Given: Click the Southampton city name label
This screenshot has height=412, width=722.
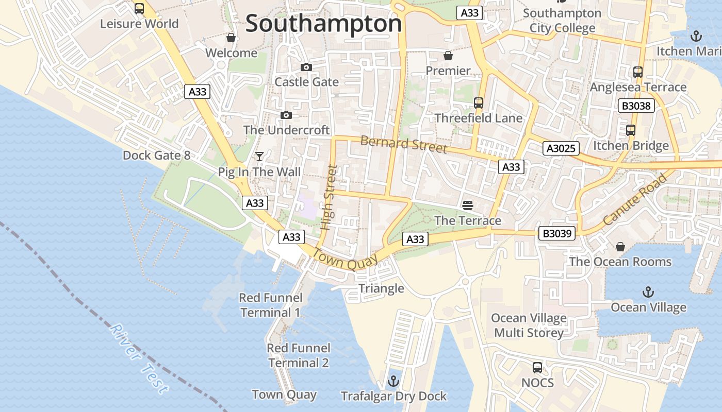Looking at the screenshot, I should (323, 24).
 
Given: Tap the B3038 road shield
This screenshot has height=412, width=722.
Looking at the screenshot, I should (636, 106).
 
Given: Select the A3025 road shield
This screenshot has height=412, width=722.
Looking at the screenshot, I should (561, 149).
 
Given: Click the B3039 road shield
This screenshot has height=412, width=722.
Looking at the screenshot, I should (557, 233).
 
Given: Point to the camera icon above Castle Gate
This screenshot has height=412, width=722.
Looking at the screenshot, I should (306, 67).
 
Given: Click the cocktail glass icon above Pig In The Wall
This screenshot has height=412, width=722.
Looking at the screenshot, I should (259, 157).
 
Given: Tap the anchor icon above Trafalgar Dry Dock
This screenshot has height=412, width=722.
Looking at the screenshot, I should (393, 382).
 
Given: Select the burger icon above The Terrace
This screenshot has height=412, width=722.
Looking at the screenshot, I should (468, 205).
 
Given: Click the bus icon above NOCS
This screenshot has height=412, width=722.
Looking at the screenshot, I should (537, 368).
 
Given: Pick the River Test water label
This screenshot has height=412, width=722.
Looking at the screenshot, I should (139, 358).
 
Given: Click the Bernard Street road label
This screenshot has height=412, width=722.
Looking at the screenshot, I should (403, 144).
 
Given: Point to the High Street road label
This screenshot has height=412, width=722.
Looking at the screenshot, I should (329, 197).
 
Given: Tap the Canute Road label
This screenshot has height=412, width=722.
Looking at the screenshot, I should (634, 199).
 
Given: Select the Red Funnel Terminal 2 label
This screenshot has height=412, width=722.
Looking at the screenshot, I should (298, 355).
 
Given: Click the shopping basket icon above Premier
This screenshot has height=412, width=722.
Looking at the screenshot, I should (448, 55).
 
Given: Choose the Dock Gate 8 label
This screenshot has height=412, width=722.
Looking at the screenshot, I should (156, 156).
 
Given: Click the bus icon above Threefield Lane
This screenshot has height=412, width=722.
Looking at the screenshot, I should (479, 103).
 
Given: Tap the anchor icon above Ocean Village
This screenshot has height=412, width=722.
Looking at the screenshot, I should (648, 293).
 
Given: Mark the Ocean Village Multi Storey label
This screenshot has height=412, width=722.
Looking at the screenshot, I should (529, 325).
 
